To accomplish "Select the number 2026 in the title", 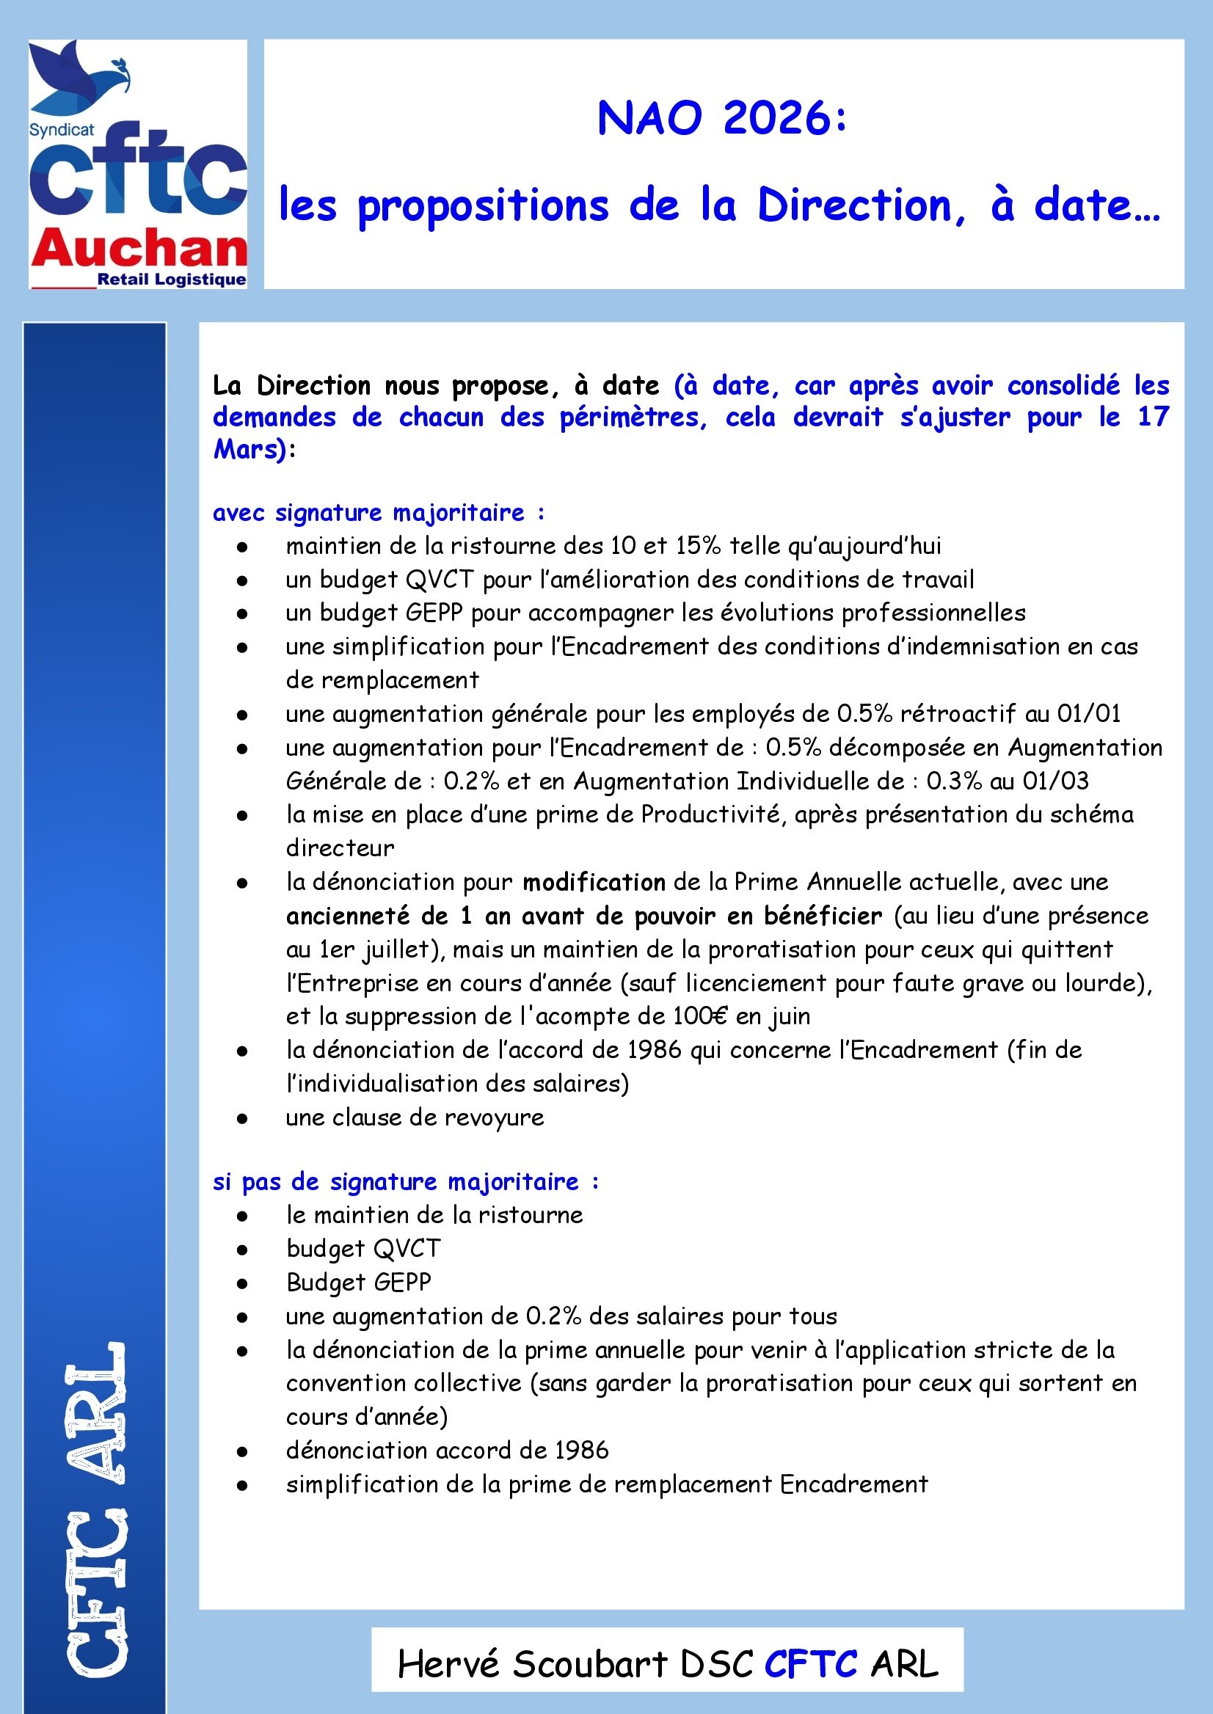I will [x=777, y=119].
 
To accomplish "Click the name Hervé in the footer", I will [x=448, y=1664].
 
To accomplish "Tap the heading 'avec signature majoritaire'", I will [x=378, y=512].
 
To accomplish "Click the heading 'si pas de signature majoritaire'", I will [x=406, y=1181].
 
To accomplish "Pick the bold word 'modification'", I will [x=594, y=882].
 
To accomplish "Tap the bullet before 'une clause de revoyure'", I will [x=242, y=1119].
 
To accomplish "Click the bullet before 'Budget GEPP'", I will [x=242, y=1284].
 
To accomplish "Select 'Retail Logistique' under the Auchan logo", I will [x=172, y=280].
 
